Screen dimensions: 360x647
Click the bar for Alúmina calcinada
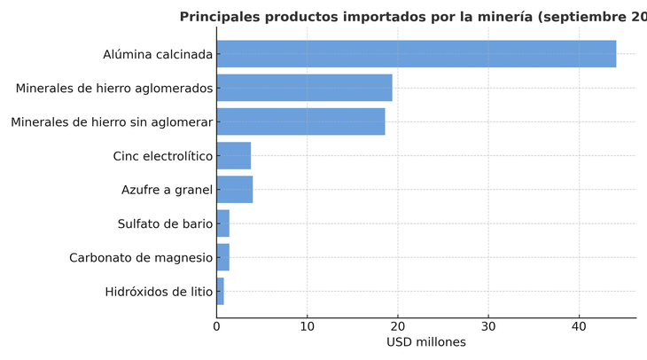coord(416,54)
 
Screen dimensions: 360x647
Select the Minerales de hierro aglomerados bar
coord(304,88)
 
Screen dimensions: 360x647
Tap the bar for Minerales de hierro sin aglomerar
coord(300,121)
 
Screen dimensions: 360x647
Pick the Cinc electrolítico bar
coord(233,156)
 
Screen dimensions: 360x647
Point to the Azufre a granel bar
coord(234,190)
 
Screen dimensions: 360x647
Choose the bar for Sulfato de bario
coord(222,223)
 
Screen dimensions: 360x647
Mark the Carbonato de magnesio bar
coord(222,257)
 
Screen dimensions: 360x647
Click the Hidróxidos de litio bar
coord(220,291)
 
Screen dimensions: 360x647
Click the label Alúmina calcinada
coord(158,54)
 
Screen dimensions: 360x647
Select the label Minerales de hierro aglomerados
coord(114,88)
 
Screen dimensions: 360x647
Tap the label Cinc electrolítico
coord(163,156)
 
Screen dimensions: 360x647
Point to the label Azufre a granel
coord(168,190)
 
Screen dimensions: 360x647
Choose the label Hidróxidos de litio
coord(159,291)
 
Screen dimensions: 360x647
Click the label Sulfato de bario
coord(165,223)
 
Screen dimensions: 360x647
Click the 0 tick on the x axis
coord(216,326)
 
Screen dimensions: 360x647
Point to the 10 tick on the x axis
coord(307,326)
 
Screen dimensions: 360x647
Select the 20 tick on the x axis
coord(398,326)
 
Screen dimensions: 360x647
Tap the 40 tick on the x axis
coord(579,326)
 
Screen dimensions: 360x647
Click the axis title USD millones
coord(425,342)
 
